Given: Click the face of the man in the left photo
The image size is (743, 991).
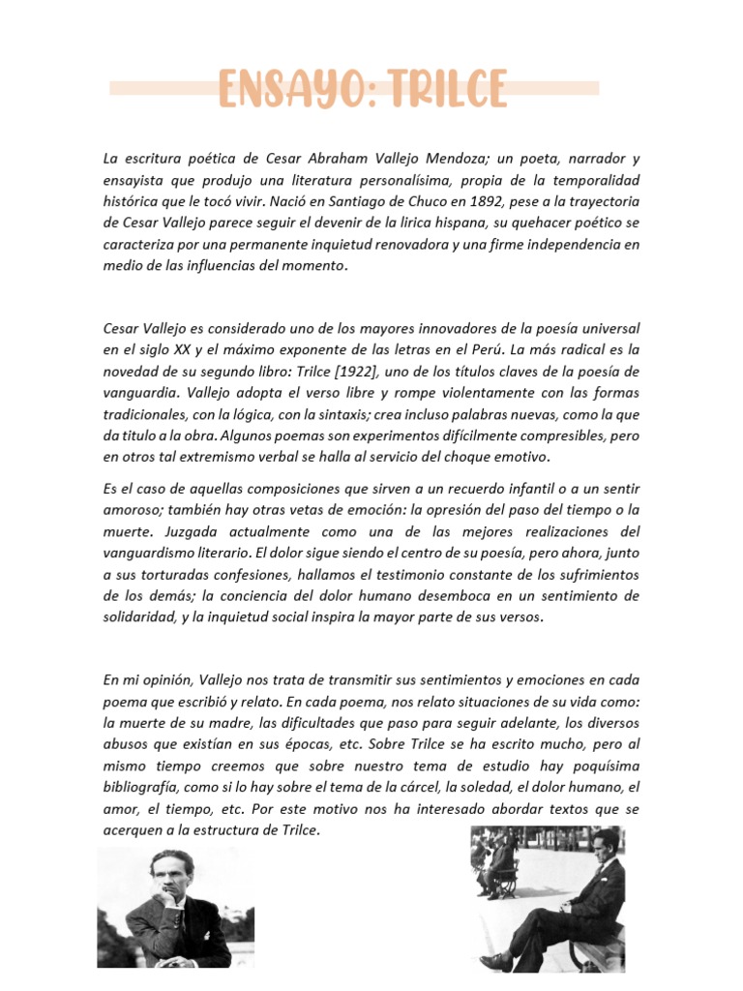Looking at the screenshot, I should click(171, 875).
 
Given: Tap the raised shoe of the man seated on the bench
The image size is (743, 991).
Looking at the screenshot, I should click(496, 960).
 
